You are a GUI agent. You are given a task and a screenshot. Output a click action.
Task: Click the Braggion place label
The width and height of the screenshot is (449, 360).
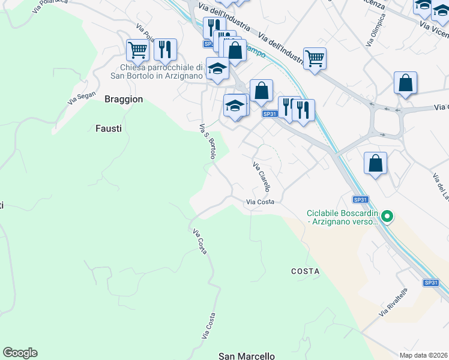(x=124, y=99)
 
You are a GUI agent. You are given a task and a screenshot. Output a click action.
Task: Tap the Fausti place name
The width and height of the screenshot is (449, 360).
(x=109, y=128)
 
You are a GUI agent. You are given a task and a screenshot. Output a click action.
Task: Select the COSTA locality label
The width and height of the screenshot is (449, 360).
(x=305, y=271)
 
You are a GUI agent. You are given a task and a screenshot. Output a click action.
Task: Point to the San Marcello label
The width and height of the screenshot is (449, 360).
(x=246, y=356)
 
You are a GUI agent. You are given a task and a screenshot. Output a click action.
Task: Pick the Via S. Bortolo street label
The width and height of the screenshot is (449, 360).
(x=208, y=142)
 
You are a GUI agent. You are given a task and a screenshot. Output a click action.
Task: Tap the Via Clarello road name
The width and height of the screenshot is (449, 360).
(x=262, y=176)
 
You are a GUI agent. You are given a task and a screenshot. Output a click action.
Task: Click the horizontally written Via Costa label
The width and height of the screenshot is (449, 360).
(x=260, y=202)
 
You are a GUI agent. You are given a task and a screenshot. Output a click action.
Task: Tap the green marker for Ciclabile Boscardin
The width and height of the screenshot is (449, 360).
(x=387, y=216)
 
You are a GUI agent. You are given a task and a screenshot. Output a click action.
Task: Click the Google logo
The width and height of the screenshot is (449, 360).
(x=20, y=353)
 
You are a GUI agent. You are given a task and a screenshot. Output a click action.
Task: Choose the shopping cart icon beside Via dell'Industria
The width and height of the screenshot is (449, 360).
(x=315, y=58)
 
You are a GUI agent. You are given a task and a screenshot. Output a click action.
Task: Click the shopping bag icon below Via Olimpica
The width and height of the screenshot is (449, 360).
(x=406, y=83)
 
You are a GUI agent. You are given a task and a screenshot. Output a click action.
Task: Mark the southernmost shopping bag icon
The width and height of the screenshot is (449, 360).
(x=375, y=163)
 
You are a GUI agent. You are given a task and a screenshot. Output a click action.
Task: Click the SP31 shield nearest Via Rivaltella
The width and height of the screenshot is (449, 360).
(x=430, y=283)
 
